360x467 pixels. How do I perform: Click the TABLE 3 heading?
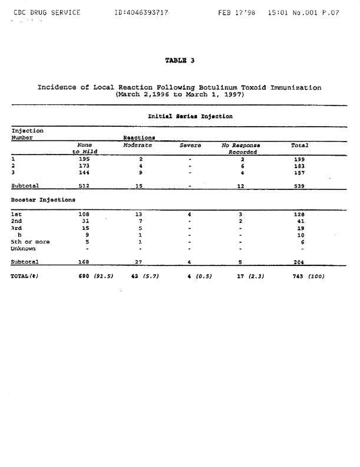click(180, 60)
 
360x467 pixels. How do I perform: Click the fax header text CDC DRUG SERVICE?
click(46, 12)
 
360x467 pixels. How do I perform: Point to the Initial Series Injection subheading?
click(190, 116)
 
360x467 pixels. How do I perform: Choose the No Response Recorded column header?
click(241, 149)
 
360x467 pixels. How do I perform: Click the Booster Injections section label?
click(43, 199)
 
